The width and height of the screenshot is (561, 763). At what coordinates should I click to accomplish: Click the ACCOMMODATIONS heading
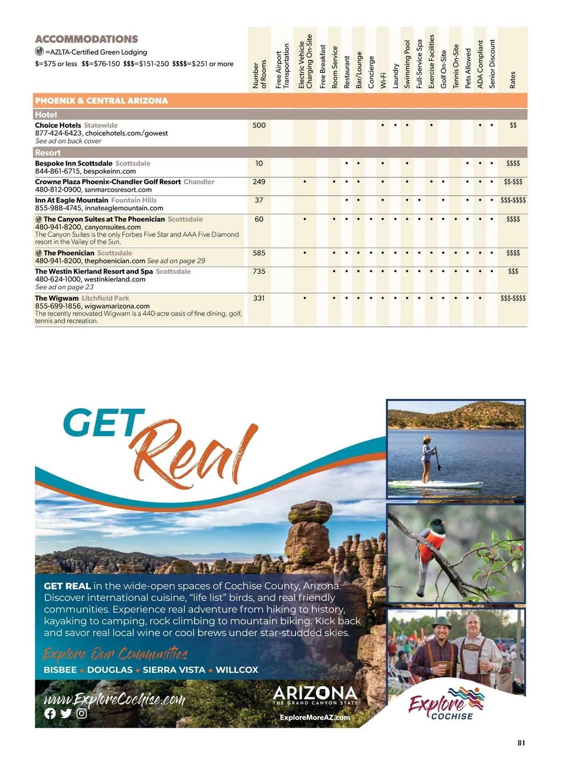(x=86, y=39)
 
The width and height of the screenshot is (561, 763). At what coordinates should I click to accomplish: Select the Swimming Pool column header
(x=407, y=65)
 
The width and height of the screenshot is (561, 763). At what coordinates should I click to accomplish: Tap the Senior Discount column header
(x=492, y=64)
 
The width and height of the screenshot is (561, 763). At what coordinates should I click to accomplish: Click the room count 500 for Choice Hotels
(x=259, y=125)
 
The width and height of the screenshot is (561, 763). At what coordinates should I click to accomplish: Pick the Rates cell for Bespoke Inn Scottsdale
(x=513, y=163)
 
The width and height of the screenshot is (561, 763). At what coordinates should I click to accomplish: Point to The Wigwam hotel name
(x=57, y=298)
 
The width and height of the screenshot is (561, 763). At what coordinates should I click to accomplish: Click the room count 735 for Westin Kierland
(x=259, y=271)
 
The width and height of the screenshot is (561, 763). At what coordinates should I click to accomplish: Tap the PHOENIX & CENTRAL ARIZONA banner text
(x=101, y=101)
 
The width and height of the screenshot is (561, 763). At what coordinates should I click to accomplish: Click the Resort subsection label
(x=48, y=153)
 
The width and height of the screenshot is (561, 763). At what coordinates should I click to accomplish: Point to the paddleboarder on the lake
(x=428, y=458)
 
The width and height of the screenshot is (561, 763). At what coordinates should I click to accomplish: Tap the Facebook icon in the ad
(x=50, y=713)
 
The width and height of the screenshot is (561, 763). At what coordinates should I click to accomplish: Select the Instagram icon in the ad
(x=82, y=713)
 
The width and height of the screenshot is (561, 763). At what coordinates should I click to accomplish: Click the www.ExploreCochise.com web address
(x=115, y=699)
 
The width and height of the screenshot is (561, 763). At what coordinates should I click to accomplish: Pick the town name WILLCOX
(x=237, y=670)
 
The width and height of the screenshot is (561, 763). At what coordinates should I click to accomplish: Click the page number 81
(x=521, y=742)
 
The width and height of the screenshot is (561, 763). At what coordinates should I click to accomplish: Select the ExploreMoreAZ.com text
(x=315, y=717)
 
